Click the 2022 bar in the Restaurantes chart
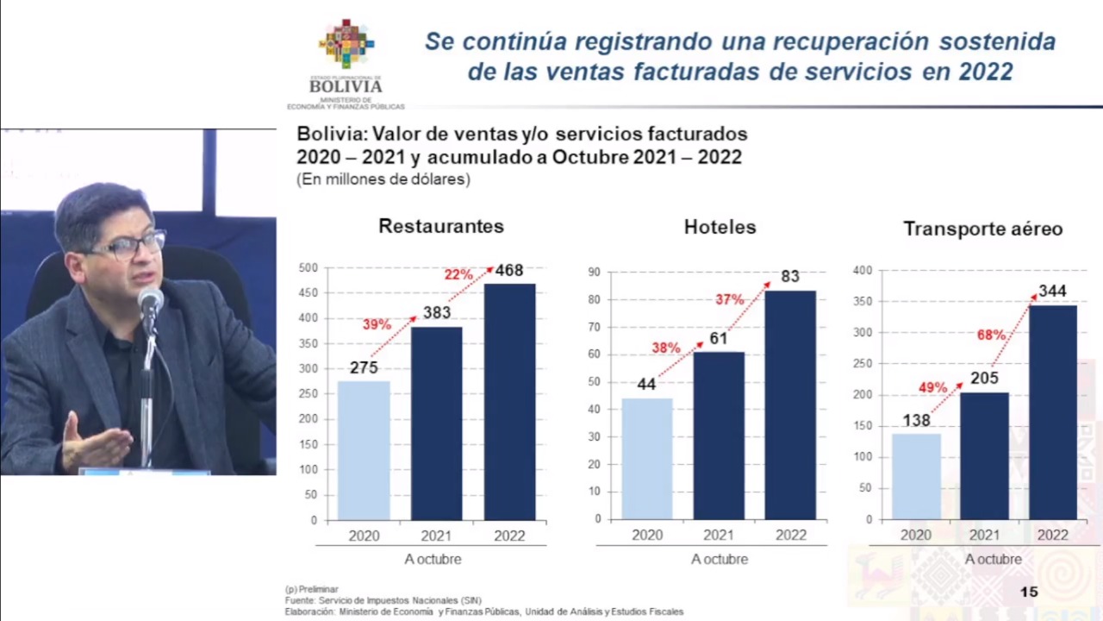pos(509,402)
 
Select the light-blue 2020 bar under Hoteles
pos(646,459)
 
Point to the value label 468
pos(509,271)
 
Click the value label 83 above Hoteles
pos(790,277)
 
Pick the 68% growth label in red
pos(991,335)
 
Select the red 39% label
pos(377,325)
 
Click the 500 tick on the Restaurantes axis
pos(308,268)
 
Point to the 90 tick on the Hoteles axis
pos(595,272)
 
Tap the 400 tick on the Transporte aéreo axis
pos(863,271)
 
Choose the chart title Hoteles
pos(720,227)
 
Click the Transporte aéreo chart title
pos(982,229)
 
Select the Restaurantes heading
pos(441,226)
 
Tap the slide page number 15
pos(1029,592)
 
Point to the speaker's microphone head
pos(150,300)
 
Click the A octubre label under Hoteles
pos(720,559)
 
